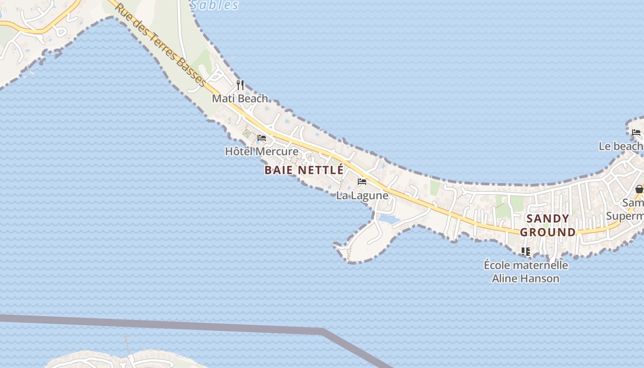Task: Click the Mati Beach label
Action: (240, 98)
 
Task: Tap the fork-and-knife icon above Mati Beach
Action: (240, 85)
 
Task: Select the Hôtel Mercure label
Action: (261, 151)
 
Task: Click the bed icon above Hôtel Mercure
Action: (262, 138)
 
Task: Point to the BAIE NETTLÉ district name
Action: (304, 170)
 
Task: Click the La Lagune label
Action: (362, 195)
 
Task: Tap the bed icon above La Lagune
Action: (362, 182)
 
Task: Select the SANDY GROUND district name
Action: (548, 225)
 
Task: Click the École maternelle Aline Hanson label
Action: (526, 272)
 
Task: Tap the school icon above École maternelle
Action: (526, 251)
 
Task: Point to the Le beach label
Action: (621, 146)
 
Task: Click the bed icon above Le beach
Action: (636, 132)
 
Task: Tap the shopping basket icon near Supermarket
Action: (639, 189)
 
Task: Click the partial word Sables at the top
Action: (214, 5)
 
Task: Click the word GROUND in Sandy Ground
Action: (548, 232)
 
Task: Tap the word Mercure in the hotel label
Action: (277, 151)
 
